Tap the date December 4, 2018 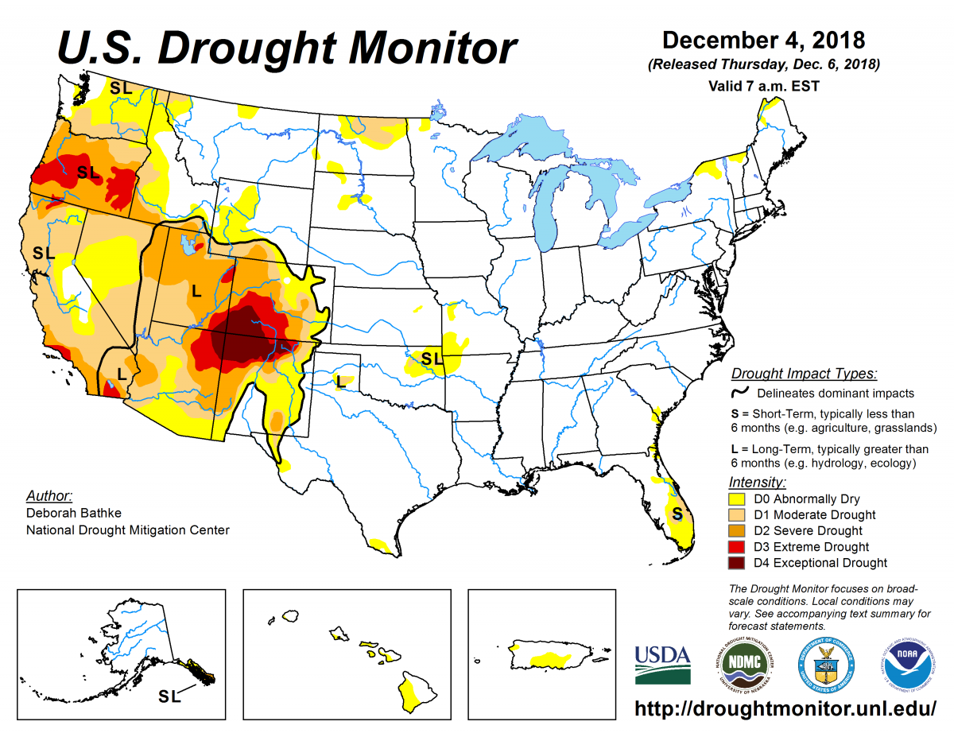click(x=763, y=40)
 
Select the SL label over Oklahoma click(x=432, y=359)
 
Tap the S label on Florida click(x=677, y=514)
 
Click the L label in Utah click(x=196, y=291)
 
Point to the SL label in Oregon click(x=88, y=172)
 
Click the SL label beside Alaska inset click(x=169, y=696)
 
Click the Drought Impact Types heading click(x=804, y=374)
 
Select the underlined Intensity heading click(x=758, y=482)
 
